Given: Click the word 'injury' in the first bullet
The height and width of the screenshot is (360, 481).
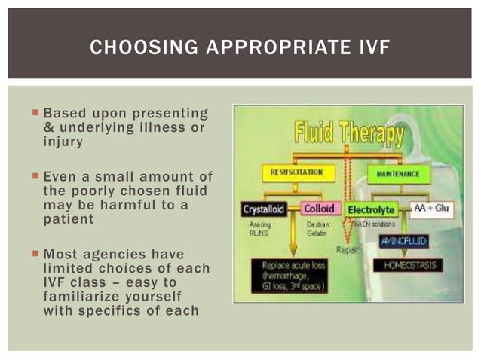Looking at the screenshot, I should [x=64, y=141].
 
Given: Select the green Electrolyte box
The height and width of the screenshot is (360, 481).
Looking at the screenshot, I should [x=372, y=210].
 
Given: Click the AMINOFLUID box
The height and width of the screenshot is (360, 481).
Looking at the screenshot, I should [x=403, y=241].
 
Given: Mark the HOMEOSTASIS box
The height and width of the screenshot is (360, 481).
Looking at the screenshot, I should [x=407, y=265].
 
